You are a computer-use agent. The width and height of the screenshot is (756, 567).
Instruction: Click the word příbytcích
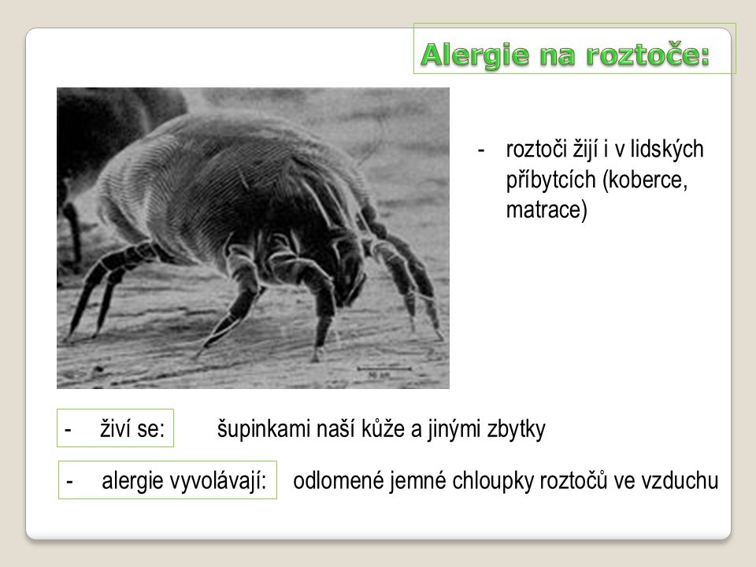551,180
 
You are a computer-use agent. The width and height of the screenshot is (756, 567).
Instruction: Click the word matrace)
547,210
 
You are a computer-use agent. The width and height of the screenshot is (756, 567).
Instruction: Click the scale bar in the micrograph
384,369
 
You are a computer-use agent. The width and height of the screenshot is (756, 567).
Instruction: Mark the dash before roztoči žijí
480,151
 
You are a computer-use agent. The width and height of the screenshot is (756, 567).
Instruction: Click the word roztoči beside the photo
536,150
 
